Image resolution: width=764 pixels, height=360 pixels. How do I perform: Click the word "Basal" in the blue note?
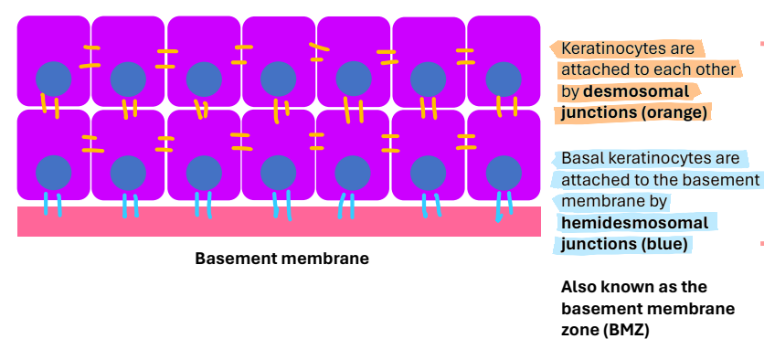[x=581, y=159]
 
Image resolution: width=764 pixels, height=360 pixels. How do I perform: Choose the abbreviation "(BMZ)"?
[x=625, y=330]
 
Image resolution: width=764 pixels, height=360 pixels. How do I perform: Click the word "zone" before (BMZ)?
[x=579, y=330]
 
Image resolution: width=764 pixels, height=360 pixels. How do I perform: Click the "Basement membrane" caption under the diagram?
[x=281, y=259]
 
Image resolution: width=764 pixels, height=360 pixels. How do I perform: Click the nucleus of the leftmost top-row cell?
[x=54, y=79]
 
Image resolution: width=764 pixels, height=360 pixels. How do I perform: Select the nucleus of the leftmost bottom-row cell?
[x=54, y=173]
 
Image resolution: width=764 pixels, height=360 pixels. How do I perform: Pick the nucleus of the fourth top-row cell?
[x=278, y=79]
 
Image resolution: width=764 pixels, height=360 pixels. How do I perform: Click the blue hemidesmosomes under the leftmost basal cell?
[x=53, y=203]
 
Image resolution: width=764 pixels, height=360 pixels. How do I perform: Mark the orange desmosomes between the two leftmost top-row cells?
[x=90, y=57]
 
